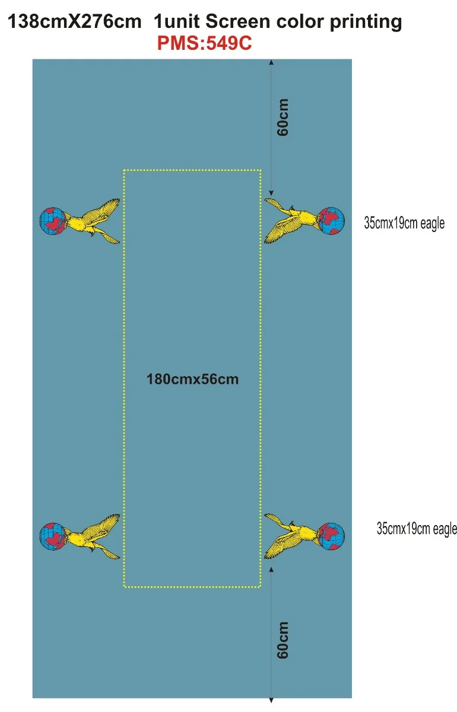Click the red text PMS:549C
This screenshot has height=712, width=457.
point(205,43)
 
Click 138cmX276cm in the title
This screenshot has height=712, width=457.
point(74,21)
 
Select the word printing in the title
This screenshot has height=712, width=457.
point(366,23)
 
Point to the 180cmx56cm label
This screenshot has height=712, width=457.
point(192,379)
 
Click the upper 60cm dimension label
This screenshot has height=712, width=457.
point(283,117)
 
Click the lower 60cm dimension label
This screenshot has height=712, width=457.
point(283,640)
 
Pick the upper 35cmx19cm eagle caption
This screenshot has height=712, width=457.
point(404,223)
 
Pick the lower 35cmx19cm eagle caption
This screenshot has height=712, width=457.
point(417,529)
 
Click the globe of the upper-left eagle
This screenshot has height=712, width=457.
point(53,221)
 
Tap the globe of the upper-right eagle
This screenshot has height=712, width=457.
point(331,221)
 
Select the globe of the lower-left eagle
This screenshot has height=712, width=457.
point(53,536)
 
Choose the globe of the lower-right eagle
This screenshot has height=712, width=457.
point(331,536)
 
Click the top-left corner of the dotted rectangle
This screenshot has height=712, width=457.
point(124,170)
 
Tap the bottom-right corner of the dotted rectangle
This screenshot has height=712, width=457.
point(261,587)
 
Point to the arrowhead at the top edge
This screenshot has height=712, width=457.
point(271,62)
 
